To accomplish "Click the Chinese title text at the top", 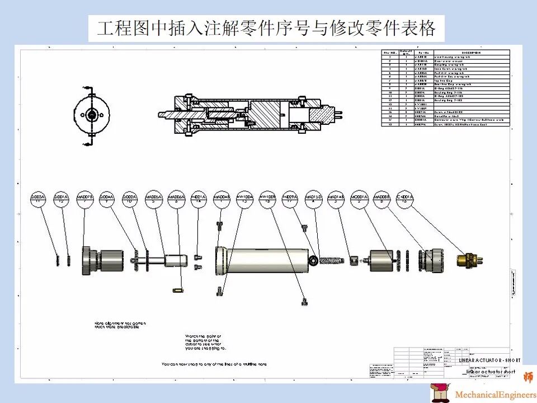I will pyautogui.click(x=266, y=28).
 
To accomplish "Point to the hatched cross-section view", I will pyautogui.click(x=246, y=115).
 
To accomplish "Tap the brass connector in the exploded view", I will pyautogui.click(x=468, y=259).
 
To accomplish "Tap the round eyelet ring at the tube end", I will pyautogui.click(x=313, y=259).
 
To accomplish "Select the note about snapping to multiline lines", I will pyautogui.click(x=214, y=364).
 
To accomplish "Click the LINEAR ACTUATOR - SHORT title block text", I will pyautogui.click(x=489, y=360).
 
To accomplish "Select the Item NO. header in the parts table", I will pyautogui.click(x=390, y=53).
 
